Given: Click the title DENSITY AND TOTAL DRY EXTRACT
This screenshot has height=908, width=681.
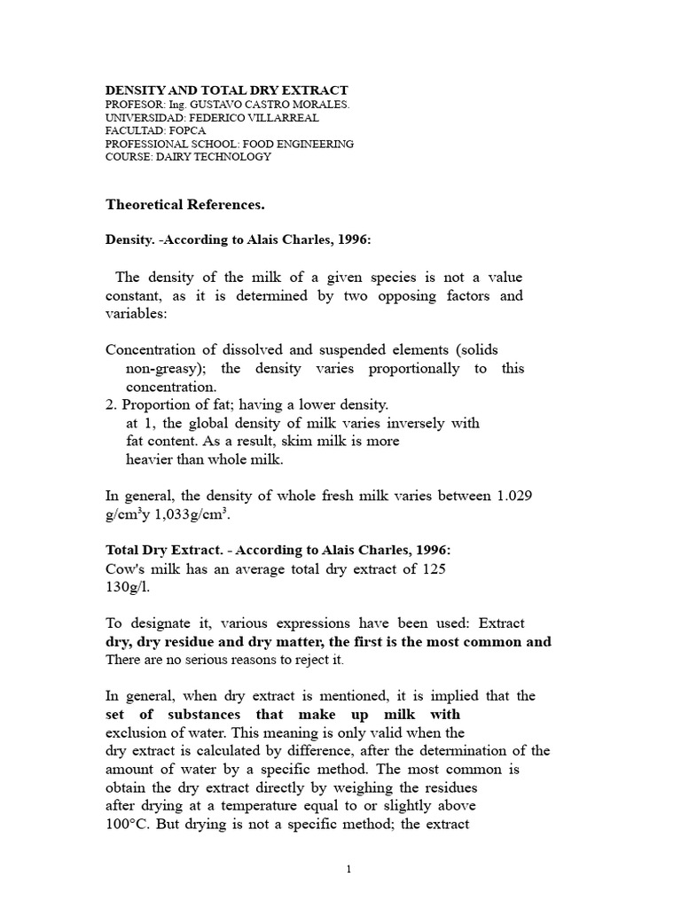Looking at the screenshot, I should coord(227,90).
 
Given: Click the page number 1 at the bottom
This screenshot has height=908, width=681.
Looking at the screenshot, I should coord(349,870).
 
